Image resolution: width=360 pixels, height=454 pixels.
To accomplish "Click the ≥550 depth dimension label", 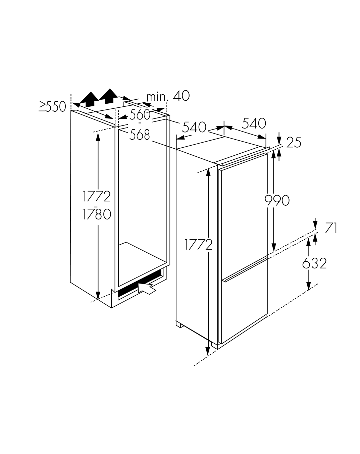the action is (52, 107).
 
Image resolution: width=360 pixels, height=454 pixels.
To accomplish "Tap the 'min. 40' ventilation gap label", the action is (168, 96).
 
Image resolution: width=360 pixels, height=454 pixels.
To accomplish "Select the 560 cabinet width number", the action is (140, 114).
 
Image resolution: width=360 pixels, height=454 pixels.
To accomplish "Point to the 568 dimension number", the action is (140, 135).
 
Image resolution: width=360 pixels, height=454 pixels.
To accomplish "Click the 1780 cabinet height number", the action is (97, 214).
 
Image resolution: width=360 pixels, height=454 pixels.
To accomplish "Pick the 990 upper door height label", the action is (277, 200).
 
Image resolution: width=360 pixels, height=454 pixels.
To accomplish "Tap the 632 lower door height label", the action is (314, 263).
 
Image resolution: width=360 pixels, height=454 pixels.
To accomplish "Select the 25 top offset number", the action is (294, 142).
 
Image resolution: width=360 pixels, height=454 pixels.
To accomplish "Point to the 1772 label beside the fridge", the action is (198, 244).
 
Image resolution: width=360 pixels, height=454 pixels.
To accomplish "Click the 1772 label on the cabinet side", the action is (97, 196).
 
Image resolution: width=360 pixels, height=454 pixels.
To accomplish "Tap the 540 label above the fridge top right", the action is (254, 123).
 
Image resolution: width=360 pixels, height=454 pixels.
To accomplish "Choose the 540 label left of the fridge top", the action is (194, 127).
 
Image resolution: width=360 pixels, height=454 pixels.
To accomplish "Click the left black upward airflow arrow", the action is (89, 99).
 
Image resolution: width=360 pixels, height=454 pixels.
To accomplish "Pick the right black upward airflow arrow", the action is (108, 96).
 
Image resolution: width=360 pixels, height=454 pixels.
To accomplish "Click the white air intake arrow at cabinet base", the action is (147, 288).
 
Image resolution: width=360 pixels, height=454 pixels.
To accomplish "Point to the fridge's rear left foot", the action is (179, 324).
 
